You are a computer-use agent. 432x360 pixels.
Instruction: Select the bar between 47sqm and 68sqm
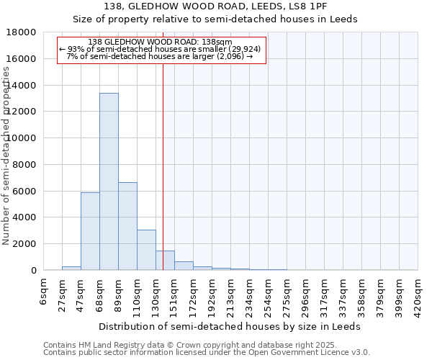pyautogui.click(x=90, y=231)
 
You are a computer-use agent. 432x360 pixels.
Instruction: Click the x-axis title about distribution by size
pyautogui.click(x=230, y=326)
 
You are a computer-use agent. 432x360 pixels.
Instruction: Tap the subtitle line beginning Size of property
pyautogui.click(x=215, y=19)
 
